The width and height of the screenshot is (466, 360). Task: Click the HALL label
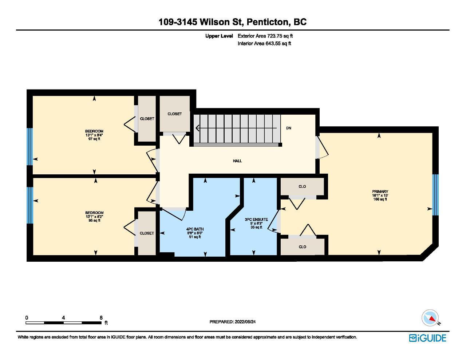237,161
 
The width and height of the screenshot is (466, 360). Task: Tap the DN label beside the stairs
288,128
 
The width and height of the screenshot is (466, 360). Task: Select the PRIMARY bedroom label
380,191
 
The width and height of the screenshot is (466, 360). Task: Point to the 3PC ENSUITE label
256,219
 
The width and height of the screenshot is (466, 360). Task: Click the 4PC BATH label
195,229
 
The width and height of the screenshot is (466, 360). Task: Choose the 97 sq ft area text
94,139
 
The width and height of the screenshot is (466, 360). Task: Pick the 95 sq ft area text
94,221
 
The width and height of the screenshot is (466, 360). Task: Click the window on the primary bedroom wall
435,195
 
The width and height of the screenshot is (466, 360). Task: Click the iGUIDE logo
427,338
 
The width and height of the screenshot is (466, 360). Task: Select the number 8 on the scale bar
101,317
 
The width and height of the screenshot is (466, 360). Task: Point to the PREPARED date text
233,322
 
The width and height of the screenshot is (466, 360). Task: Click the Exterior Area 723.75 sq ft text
265,36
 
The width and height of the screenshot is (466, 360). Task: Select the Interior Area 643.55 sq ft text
264,44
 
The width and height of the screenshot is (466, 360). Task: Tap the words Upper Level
219,36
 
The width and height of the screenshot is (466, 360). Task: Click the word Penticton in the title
268,22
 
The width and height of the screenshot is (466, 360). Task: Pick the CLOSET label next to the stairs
174,114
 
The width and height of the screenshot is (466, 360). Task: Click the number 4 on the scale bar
63,317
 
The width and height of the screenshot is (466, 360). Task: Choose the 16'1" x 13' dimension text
380,195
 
